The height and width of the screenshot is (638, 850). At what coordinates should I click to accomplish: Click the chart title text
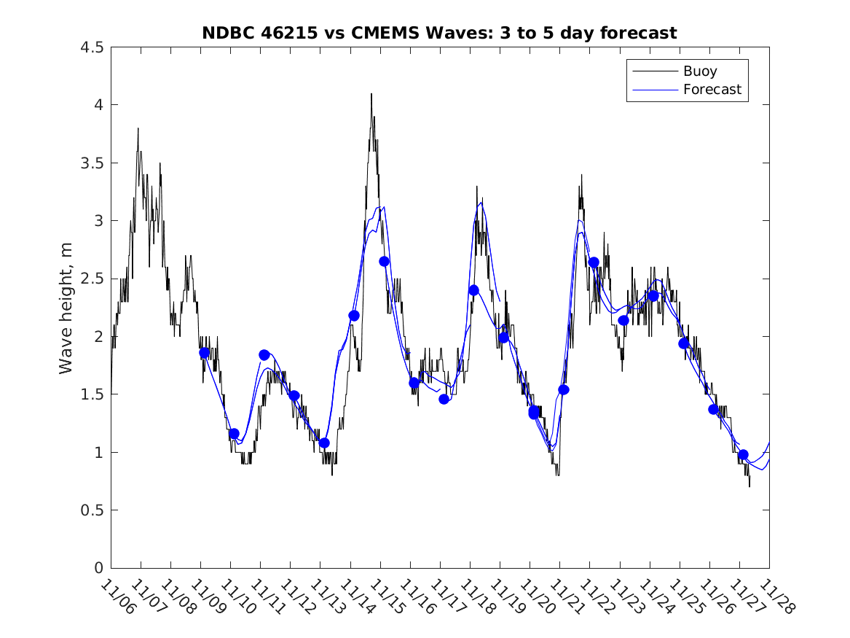coord(439,33)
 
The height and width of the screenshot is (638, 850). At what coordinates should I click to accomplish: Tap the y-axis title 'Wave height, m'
coord(66,308)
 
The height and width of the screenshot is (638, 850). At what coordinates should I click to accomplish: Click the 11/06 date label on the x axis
coord(117,597)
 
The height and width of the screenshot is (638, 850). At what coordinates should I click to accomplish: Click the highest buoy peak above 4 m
coord(371,95)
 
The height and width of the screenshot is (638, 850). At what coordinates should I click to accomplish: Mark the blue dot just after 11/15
coord(384,261)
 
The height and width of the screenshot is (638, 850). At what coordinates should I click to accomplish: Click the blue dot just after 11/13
coord(324,443)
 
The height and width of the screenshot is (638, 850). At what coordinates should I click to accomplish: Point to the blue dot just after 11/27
coord(743,454)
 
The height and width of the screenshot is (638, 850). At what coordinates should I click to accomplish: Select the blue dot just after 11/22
coord(594,262)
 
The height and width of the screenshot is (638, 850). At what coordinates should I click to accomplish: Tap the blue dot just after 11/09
coord(204,352)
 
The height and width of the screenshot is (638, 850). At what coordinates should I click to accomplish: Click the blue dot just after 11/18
coord(473,290)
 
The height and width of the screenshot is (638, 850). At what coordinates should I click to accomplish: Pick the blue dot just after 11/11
coord(264,355)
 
